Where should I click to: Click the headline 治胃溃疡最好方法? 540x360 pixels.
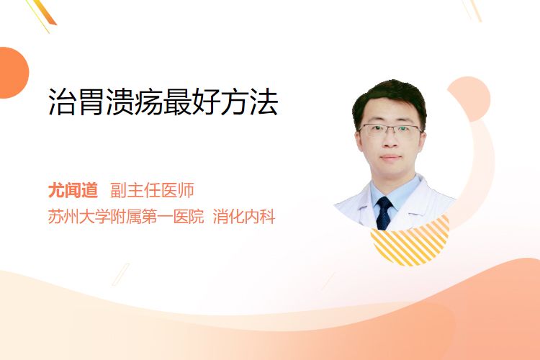click(x=163, y=102)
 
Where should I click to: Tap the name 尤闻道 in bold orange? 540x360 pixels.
click(x=73, y=190)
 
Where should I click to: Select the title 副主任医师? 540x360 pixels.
click(x=152, y=190)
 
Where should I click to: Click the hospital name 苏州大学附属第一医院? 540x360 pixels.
click(x=126, y=217)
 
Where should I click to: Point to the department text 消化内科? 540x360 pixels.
click(x=244, y=217)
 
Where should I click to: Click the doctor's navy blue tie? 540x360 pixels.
click(x=384, y=213)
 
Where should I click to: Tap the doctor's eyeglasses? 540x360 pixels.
click(x=390, y=130)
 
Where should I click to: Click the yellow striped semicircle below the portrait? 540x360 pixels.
click(x=410, y=243)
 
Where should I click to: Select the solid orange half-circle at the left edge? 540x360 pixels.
click(x=14, y=73)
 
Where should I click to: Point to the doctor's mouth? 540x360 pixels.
click(x=390, y=158)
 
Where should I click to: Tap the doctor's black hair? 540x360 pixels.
click(x=389, y=98)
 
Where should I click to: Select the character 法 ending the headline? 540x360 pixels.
click(x=264, y=102)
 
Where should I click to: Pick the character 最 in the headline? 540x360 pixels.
click(x=178, y=102)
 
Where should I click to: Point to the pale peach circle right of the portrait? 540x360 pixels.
click(x=469, y=99)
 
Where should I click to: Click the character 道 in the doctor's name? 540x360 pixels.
click(x=90, y=190)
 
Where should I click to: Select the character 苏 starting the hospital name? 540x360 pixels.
click(x=55, y=217)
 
